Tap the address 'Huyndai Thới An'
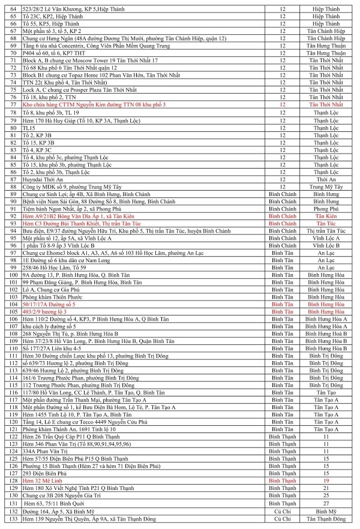(x=45, y=179)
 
